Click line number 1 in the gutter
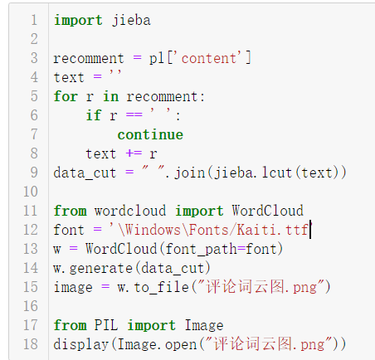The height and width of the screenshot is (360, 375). (x=33, y=20)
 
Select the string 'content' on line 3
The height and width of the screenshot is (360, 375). (x=215, y=58)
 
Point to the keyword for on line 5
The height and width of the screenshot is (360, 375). (x=66, y=96)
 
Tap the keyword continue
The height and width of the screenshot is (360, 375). (x=150, y=134)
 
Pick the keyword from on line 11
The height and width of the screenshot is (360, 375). (x=70, y=211)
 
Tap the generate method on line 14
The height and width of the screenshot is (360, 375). (x=101, y=268)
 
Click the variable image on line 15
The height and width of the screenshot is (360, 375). (x=73, y=287)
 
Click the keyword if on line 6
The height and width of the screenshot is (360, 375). (x=94, y=115)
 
